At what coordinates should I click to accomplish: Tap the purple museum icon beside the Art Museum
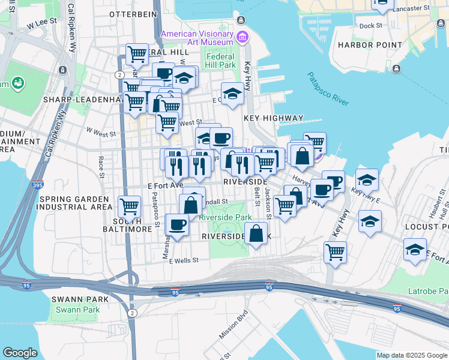click(x=243, y=38)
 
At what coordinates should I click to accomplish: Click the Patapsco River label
click(x=328, y=89)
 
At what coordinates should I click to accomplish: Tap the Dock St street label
click(x=370, y=26)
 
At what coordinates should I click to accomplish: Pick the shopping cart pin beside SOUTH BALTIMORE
click(x=130, y=207)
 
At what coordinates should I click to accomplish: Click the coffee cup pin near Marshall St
click(x=176, y=224)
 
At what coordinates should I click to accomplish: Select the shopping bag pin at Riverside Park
click(x=256, y=233)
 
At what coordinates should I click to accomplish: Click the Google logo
click(x=20, y=353)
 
